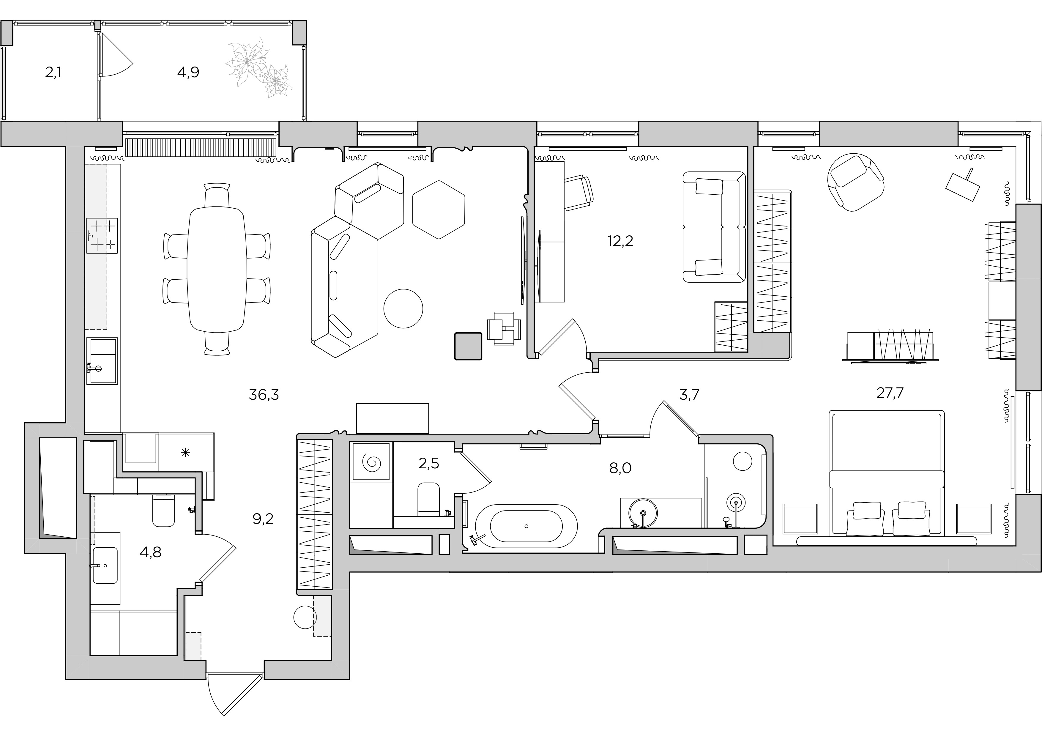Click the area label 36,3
pos(264,395)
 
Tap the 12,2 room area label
pos(620,241)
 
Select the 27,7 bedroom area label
pos(890,393)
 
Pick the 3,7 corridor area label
pos(689,395)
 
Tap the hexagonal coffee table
pos(439,210)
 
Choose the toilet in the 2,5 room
pos(428,499)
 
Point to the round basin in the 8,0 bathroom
pos(643,513)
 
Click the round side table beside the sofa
pos(403,308)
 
